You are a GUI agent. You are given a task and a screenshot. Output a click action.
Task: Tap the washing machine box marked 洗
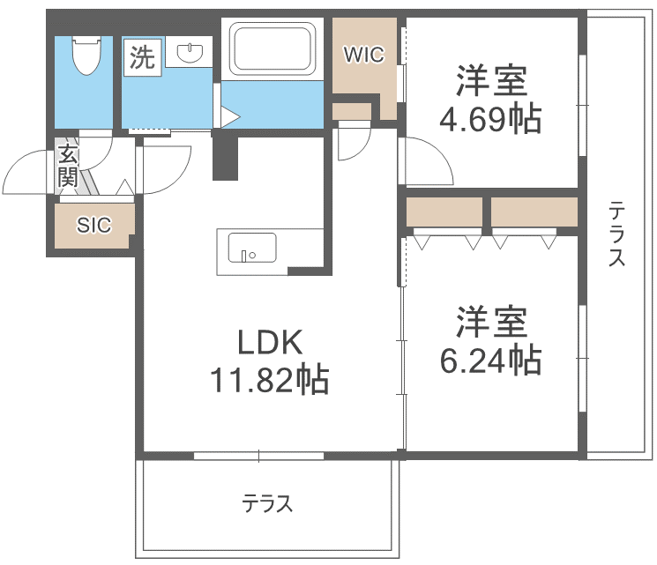pos(141,58)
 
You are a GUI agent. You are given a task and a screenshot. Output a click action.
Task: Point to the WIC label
pos(363,56)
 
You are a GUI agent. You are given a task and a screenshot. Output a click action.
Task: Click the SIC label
pos(93,226)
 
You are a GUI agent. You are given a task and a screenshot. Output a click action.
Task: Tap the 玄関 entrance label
pos(68,167)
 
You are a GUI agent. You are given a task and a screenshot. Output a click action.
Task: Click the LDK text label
pos(269,342)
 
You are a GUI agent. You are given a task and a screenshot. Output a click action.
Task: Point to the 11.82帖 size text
pos(269,380)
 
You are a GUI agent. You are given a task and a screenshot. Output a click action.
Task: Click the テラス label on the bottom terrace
pos(267,504)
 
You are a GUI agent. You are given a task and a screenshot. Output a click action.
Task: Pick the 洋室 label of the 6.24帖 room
pos(491,322)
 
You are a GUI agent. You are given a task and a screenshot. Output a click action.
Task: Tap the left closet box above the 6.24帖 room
pos(444,212)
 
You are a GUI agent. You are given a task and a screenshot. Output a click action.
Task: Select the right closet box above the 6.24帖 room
pos(534,212)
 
